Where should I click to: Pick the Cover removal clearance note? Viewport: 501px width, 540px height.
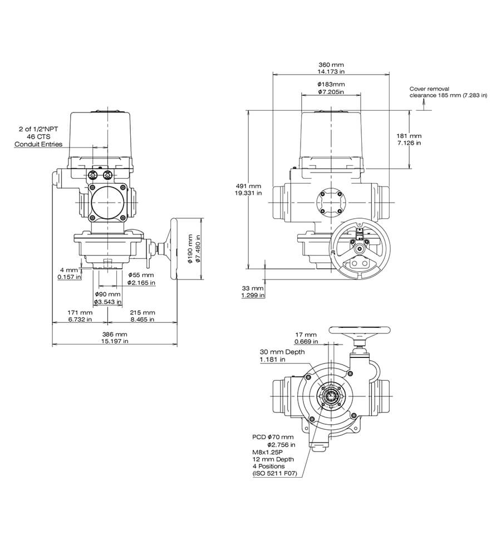(448, 92)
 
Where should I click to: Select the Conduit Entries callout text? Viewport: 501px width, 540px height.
(38, 144)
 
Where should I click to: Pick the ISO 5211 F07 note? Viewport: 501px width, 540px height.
(275, 474)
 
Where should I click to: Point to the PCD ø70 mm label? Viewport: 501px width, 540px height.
(273, 437)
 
